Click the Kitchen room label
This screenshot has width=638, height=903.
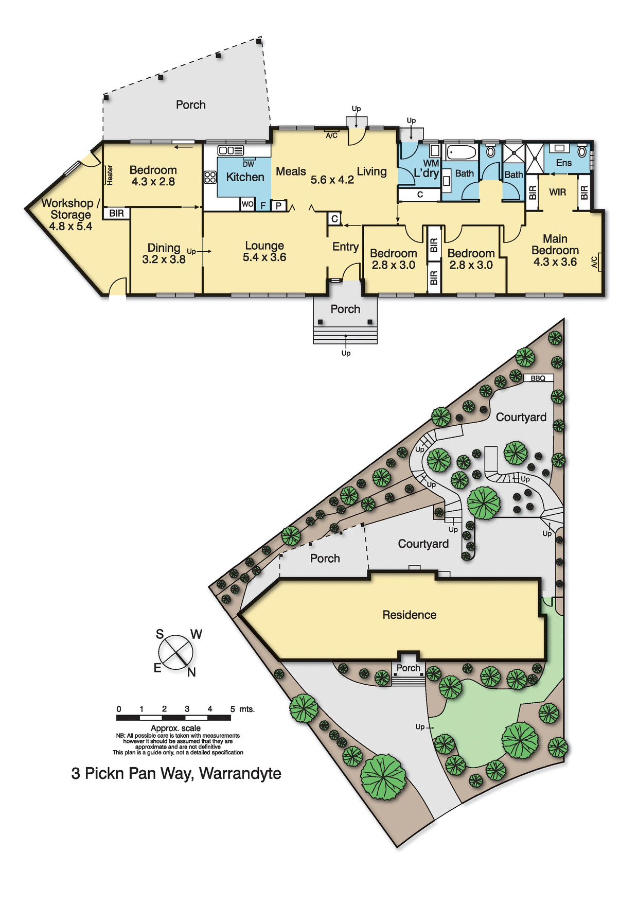point(245,177)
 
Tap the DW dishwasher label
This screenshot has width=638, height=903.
point(249,164)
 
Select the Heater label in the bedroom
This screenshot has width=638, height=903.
point(110,175)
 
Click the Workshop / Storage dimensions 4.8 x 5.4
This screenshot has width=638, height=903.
point(70,227)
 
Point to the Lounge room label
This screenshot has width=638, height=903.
point(264,246)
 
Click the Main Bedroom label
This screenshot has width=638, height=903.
point(555,245)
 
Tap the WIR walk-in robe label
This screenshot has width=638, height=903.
point(557,193)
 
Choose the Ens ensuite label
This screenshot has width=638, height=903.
point(564,163)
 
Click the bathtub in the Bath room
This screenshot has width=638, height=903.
point(462,153)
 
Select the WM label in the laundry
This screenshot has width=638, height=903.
point(431,163)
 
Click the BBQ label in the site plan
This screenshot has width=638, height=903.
point(538,378)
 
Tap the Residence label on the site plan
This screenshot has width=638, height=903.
point(410,615)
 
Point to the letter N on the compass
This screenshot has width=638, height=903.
point(191,672)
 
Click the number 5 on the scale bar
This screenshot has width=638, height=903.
point(233,709)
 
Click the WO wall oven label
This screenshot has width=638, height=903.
point(247,204)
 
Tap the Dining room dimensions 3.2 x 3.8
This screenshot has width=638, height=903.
point(164,259)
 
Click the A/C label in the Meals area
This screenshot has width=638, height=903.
point(332,135)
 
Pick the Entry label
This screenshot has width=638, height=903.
point(345,247)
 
